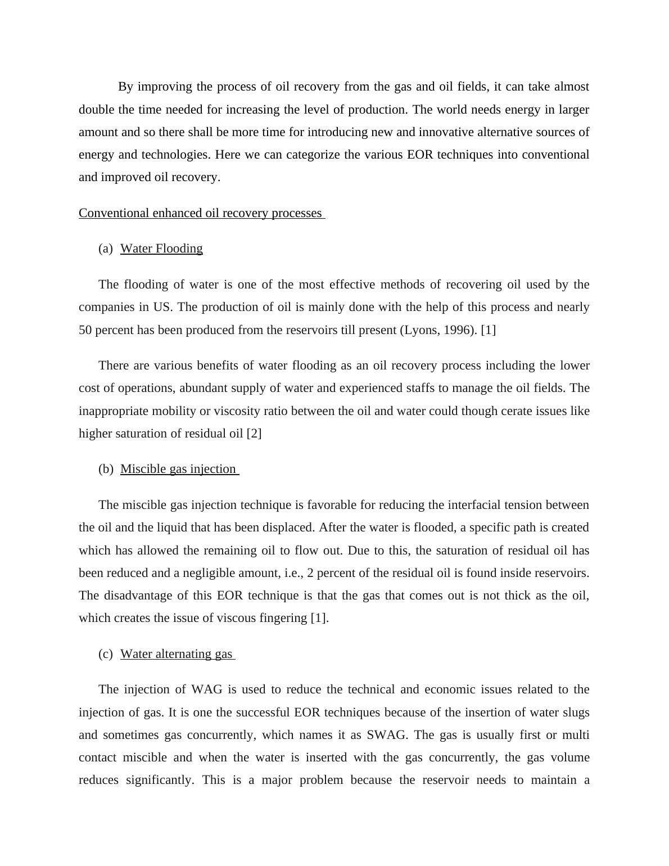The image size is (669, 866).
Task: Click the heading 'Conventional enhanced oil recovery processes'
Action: click(x=201, y=213)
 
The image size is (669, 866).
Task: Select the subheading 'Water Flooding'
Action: click(x=161, y=249)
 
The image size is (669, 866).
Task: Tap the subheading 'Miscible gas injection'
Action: click(x=178, y=469)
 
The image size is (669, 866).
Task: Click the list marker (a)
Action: click(x=105, y=249)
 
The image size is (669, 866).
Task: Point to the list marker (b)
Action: click(x=106, y=469)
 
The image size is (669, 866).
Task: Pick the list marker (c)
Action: click(x=105, y=654)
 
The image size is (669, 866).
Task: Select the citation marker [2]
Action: click(x=254, y=434)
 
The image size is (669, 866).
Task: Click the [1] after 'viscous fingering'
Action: click(x=318, y=618)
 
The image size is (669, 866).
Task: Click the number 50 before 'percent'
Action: click(x=85, y=330)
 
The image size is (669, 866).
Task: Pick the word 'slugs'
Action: click(x=576, y=712)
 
